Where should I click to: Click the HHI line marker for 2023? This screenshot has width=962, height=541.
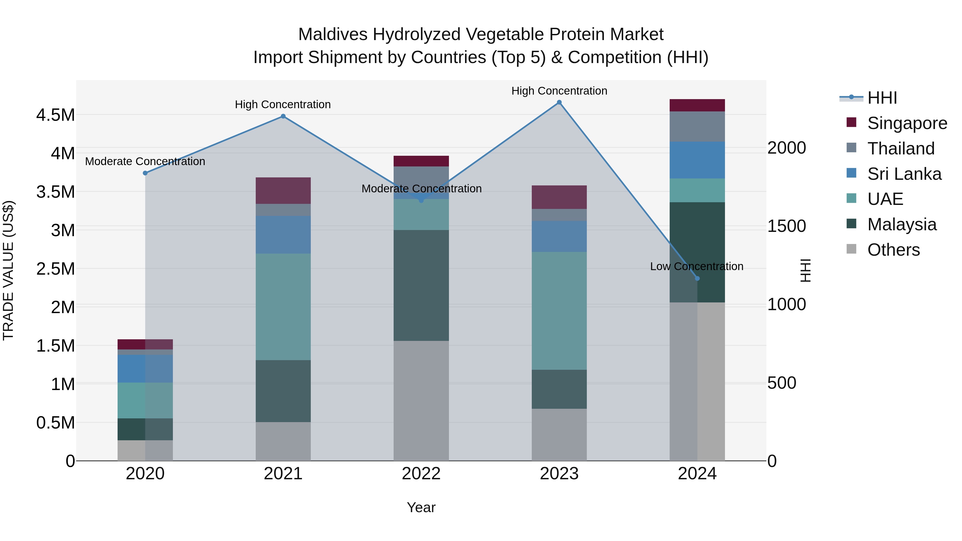click(x=559, y=102)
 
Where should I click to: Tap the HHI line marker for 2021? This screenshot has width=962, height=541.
click(x=283, y=116)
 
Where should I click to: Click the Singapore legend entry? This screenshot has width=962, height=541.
click(x=907, y=123)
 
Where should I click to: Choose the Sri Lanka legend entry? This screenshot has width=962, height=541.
click(x=904, y=174)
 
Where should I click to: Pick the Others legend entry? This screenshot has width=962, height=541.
click(x=893, y=250)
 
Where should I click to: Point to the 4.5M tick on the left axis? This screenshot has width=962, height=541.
click(x=56, y=115)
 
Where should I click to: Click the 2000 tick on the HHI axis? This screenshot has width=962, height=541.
click(x=786, y=148)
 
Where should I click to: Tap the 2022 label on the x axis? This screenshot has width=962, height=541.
click(x=421, y=474)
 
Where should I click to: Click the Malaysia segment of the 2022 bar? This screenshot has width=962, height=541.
click(x=421, y=285)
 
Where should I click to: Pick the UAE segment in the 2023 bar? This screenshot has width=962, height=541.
click(x=559, y=311)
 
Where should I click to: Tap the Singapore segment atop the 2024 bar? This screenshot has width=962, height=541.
click(x=697, y=105)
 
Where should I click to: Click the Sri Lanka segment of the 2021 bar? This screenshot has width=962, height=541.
click(x=283, y=235)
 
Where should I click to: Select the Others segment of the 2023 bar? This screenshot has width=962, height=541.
click(x=559, y=435)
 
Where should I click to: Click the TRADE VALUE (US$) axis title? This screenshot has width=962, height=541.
click(x=8, y=270)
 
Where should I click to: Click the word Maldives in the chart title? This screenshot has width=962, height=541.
click(x=333, y=35)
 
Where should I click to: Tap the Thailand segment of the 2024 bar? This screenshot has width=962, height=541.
click(x=697, y=127)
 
